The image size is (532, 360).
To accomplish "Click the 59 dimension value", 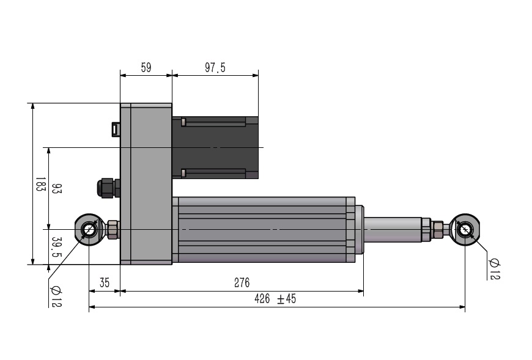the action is point(146,67).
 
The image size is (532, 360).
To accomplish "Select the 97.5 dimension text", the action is point(215,67).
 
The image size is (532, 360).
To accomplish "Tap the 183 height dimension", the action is point(41,184).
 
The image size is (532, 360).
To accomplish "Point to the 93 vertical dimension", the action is point(57,188).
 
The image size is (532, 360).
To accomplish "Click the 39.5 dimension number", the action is point(57,247).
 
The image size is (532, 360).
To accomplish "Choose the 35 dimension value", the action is point(105,282).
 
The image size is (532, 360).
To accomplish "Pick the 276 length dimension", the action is point(242,282).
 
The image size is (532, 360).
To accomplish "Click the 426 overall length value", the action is point(262,299).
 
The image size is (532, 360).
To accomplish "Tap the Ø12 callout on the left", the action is point(56,296).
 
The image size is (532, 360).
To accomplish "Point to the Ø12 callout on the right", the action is point(494,269).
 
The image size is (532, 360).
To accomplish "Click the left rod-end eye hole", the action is point(89,229).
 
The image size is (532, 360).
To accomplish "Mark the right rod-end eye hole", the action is point(465,229).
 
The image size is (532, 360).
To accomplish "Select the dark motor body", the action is point(215,147).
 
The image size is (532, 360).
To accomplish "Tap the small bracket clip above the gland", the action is point(116,129).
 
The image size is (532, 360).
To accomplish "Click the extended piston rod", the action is point(393,229).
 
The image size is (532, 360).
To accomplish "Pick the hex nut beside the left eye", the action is point(113,229).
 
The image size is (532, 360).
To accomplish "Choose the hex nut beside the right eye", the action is point(438,229).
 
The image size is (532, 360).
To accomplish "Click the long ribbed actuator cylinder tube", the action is point(264,229).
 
